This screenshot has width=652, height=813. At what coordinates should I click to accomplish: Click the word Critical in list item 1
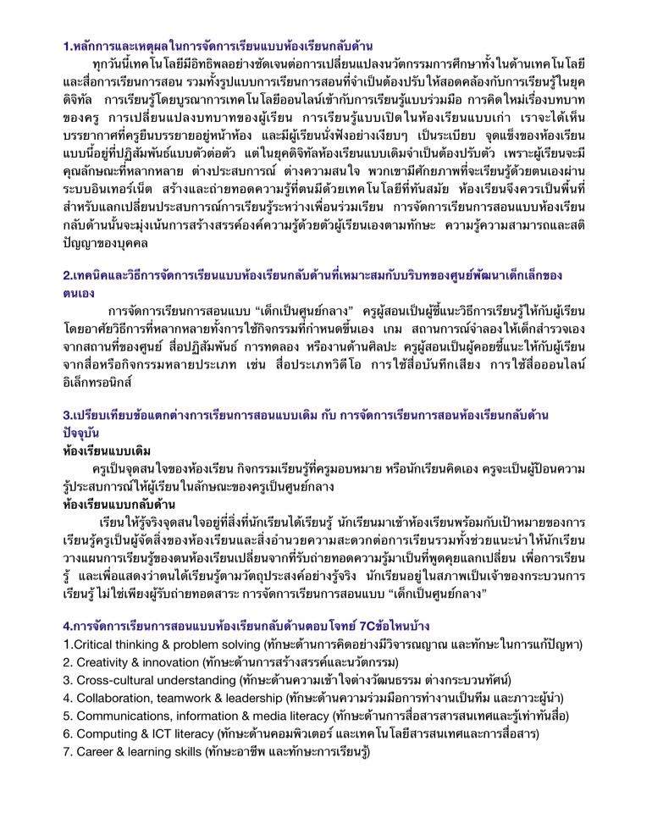(x=92, y=644)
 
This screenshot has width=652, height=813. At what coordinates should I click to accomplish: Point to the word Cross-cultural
(x=116, y=680)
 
